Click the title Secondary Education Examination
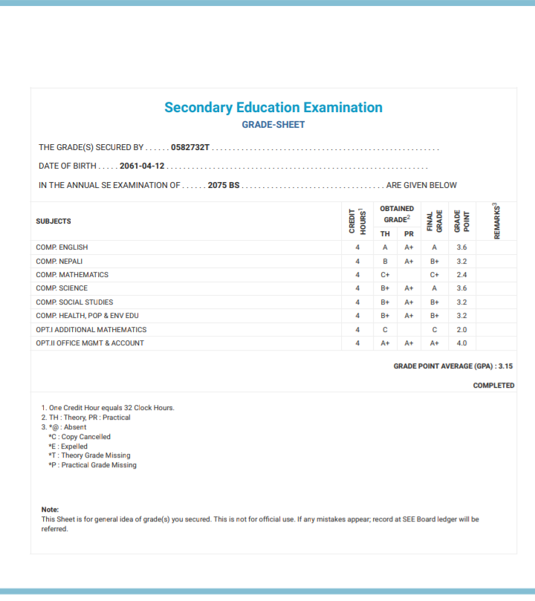pos(273,108)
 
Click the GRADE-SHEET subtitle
pos(273,125)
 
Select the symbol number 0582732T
pos(190,148)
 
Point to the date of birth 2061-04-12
pos(142,166)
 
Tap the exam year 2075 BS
pos(224,185)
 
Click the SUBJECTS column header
pos(53,221)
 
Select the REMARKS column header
pos(496,221)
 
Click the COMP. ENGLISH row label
pos(62,247)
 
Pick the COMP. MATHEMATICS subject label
pos(72,275)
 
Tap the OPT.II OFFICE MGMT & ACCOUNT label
pos(90,343)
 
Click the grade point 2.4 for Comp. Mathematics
pos(461,275)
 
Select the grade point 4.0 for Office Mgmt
pos(461,343)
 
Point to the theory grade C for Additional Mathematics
pos(385,330)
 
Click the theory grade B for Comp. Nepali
pos(385,261)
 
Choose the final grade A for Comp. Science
pos(434,288)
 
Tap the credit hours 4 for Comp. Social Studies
pos(357,302)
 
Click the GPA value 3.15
pos(505,366)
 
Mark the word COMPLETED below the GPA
pos(493,386)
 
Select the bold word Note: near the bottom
pos(50,510)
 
